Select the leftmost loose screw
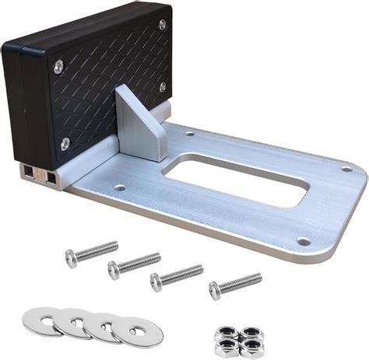coord(90,253)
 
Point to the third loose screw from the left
coord(176,277)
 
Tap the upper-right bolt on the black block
coord(162,25)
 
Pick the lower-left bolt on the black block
coord(65,143)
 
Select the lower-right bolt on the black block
coord(163,87)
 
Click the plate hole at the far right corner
coord(346,169)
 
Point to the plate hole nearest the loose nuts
coord(303,242)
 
